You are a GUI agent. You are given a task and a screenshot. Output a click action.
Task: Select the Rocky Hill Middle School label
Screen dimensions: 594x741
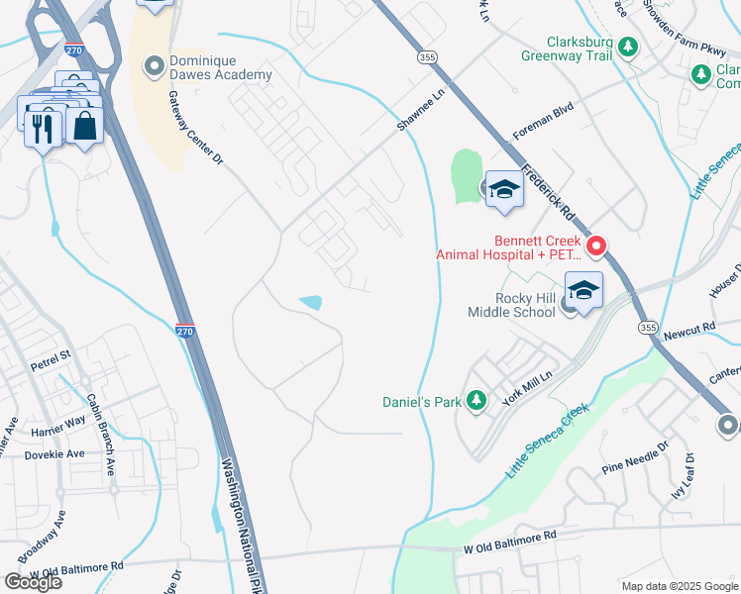click(x=511, y=305)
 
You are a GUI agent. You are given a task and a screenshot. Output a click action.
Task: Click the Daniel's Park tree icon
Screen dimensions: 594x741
click(x=477, y=400)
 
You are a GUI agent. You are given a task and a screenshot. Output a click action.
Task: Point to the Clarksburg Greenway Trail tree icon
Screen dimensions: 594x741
click(x=627, y=46)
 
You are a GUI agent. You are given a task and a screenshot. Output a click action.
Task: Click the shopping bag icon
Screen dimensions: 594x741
click(x=86, y=126)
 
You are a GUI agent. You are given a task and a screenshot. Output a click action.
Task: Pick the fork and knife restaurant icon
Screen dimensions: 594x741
click(x=43, y=129)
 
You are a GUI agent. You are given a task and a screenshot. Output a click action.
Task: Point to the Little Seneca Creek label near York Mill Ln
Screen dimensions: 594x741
click(x=547, y=441)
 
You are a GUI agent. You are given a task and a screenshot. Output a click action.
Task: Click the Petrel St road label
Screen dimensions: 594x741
click(x=52, y=353)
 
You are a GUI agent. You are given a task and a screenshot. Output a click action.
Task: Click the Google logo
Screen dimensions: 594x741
click(x=33, y=581)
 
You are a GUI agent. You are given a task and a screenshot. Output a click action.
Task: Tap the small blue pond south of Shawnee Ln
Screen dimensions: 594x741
click(x=311, y=302)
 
